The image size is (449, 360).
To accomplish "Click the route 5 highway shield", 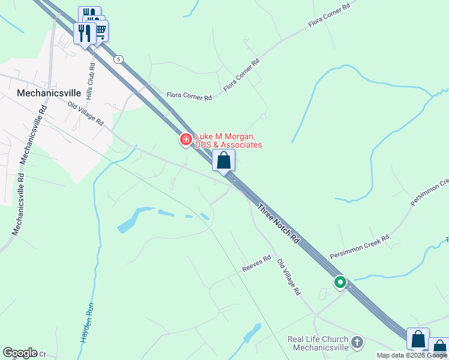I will pyautogui.click(x=119, y=59).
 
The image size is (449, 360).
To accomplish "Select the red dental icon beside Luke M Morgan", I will pyautogui.click(x=186, y=140).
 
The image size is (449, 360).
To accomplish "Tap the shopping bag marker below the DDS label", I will pyautogui.click(x=223, y=161).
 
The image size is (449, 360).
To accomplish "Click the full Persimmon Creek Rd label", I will pyautogui.click(x=359, y=247).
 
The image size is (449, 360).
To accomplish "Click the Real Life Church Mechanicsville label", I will pyautogui.click(x=318, y=343).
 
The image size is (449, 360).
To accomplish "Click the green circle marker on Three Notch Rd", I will pyautogui.click(x=340, y=281).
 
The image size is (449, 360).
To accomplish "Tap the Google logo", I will pyautogui.click(x=19, y=353).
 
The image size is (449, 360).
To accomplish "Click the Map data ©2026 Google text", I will pyautogui.click(x=412, y=355).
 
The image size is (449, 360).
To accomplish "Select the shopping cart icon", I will pyautogui.click(x=100, y=30).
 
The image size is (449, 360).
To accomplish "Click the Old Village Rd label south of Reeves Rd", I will pyautogui.click(x=288, y=278).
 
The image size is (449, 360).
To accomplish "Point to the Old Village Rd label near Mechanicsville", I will pyautogui.click(x=86, y=113).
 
